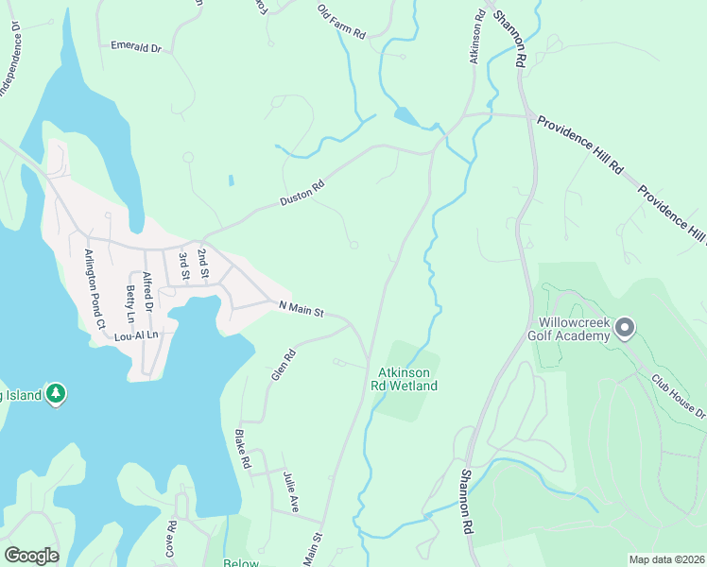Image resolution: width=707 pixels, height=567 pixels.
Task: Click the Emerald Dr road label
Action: [137, 45]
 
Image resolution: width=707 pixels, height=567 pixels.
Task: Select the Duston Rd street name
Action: [302, 195]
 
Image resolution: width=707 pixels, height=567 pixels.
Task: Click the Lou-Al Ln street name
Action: [136, 335]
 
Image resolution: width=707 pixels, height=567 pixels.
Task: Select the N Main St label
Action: [302, 307]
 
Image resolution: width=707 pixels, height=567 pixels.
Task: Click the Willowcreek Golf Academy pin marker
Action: [624, 329]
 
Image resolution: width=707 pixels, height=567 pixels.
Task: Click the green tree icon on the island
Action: [56, 393]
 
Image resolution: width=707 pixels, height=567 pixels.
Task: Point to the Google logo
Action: [31, 556]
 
